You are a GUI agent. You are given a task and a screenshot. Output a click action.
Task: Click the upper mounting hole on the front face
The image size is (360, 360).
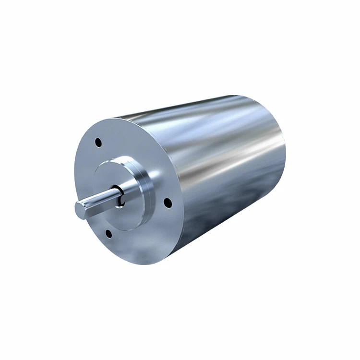[x=98, y=143]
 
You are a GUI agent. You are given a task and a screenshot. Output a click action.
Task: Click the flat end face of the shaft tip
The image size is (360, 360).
[x=79, y=207]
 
